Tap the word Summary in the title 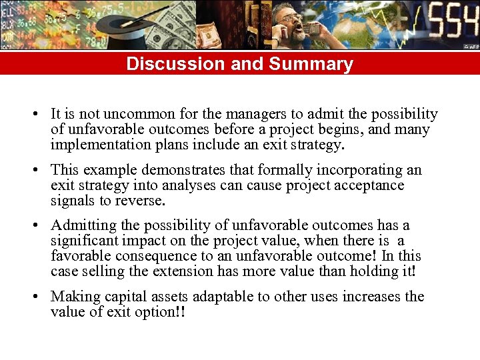(x=311, y=64)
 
